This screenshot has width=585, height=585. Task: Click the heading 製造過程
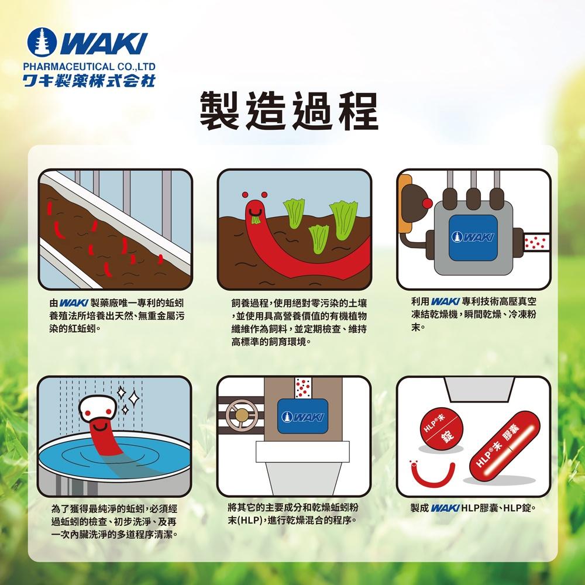click(289, 111)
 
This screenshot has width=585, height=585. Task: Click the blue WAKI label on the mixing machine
click(302, 416)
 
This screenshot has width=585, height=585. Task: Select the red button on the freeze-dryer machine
click(429, 202)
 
